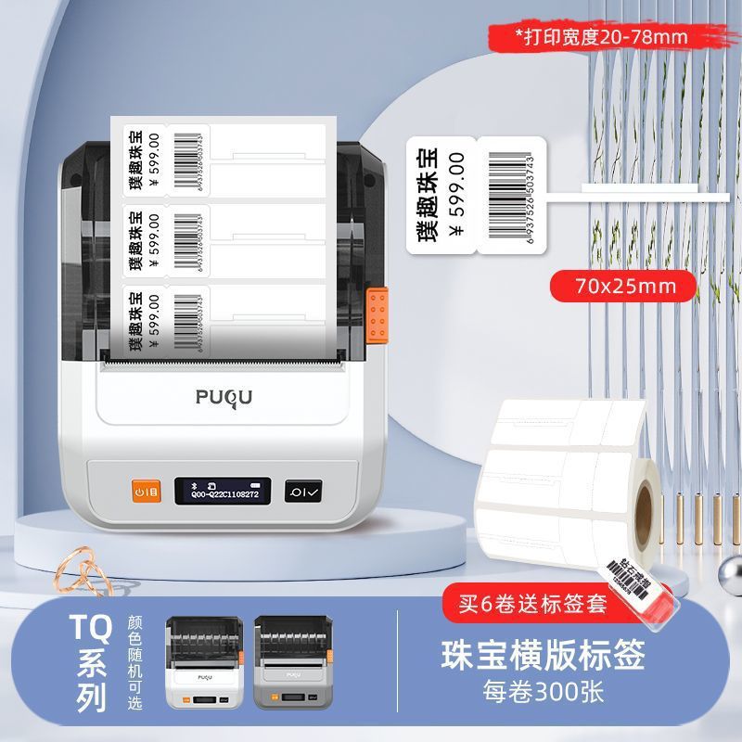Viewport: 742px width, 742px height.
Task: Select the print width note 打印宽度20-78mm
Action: pyautogui.click(x=608, y=36)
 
